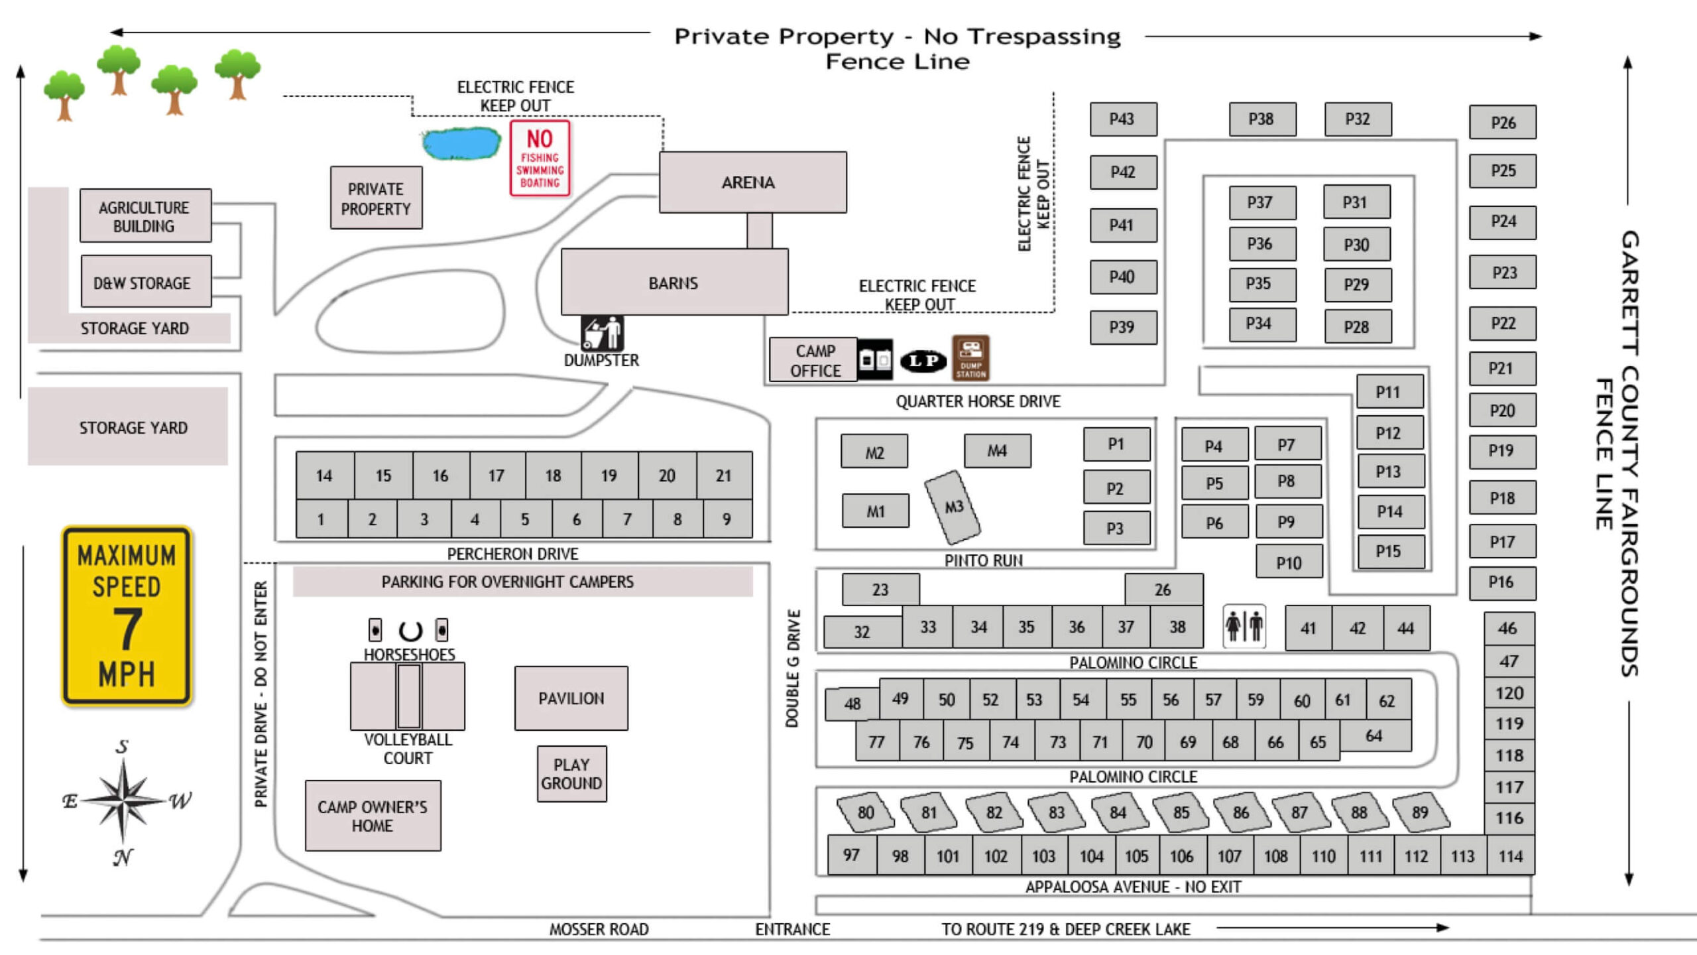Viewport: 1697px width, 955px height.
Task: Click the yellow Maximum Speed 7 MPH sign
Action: pos(127,615)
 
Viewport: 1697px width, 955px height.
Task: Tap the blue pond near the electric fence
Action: pos(461,143)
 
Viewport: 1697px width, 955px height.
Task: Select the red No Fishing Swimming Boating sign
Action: pos(540,158)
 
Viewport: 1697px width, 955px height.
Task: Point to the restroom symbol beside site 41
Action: pos(1244,626)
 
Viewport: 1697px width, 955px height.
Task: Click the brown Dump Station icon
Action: pos(970,358)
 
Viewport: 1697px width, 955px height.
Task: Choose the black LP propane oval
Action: pos(923,360)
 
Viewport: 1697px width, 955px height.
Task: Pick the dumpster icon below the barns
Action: pos(602,333)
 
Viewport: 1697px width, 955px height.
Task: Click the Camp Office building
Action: pos(813,360)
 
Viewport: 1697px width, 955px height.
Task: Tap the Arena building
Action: pos(752,182)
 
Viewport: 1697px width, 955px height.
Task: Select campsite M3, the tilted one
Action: pos(953,507)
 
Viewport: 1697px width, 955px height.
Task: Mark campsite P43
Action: pos(1123,119)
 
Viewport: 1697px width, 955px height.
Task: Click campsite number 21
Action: pos(724,476)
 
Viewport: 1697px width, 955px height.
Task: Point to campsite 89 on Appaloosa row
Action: pos(1421,812)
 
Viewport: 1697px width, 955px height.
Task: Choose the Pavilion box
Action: pos(571,698)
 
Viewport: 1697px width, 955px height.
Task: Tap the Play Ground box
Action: pos(571,774)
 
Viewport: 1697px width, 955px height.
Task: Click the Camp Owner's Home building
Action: pos(373,816)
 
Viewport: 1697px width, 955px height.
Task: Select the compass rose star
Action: pos(123,800)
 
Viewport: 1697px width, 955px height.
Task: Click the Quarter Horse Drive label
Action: pos(978,401)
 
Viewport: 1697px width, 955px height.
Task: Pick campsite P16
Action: pos(1502,583)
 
